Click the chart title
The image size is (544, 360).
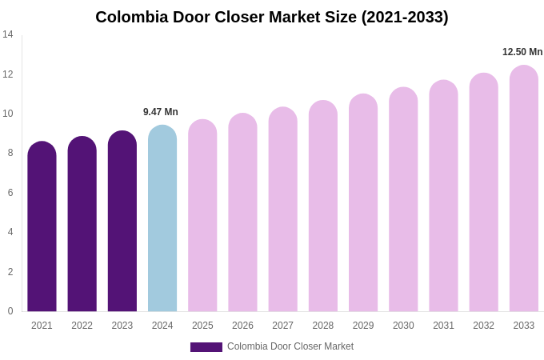[x=272, y=17]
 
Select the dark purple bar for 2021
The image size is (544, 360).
[x=42, y=228]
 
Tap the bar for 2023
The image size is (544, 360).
[x=122, y=222]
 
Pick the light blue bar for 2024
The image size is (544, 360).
[x=162, y=220]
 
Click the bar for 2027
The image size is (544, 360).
[x=283, y=210]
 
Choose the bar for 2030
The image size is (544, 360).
[x=403, y=200]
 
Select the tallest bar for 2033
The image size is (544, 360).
[x=524, y=190]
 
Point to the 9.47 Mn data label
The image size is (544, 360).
[x=161, y=112]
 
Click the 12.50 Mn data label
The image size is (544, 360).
[x=522, y=52]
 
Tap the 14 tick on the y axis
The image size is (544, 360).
[x=8, y=34]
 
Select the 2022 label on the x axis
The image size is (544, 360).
[x=82, y=326]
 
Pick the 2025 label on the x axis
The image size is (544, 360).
[x=202, y=326]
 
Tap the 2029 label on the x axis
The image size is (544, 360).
[x=363, y=326]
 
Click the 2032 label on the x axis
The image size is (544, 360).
[x=483, y=326]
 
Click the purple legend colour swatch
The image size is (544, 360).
[x=206, y=347]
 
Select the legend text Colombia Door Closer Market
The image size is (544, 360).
[x=290, y=346]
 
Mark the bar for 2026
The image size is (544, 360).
[x=242, y=214]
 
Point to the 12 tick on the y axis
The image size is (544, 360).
[x=8, y=74]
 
